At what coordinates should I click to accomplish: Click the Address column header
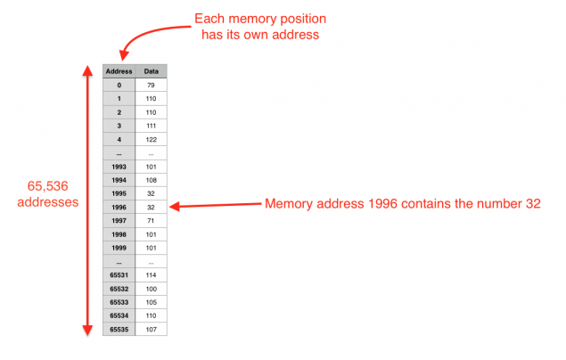pyautogui.click(x=119, y=71)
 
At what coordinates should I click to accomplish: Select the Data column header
pyautogui.click(x=152, y=71)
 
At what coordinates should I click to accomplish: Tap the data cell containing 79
pyautogui.click(x=152, y=85)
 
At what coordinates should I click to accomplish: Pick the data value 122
pyautogui.click(x=152, y=139)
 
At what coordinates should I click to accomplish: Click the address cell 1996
pyautogui.click(x=119, y=206)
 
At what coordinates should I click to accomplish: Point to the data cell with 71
pyautogui.click(x=152, y=220)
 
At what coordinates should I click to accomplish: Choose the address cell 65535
pyautogui.click(x=119, y=329)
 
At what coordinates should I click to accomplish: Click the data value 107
pyautogui.click(x=152, y=329)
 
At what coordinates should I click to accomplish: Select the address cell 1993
pyautogui.click(x=119, y=166)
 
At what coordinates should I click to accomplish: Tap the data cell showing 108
pyautogui.click(x=152, y=179)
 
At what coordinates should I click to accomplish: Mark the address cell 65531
pyautogui.click(x=119, y=274)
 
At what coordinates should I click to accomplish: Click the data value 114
pyautogui.click(x=152, y=274)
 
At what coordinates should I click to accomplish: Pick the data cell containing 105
pyautogui.click(x=152, y=301)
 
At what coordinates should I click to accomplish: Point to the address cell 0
pyautogui.click(x=119, y=85)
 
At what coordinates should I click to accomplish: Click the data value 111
pyautogui.click(x=152, y=126)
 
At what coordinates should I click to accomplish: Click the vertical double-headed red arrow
pyautogui.click(x=87, y=200)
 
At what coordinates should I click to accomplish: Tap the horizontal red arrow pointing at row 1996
pyautogui.click(x=214, y=206)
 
